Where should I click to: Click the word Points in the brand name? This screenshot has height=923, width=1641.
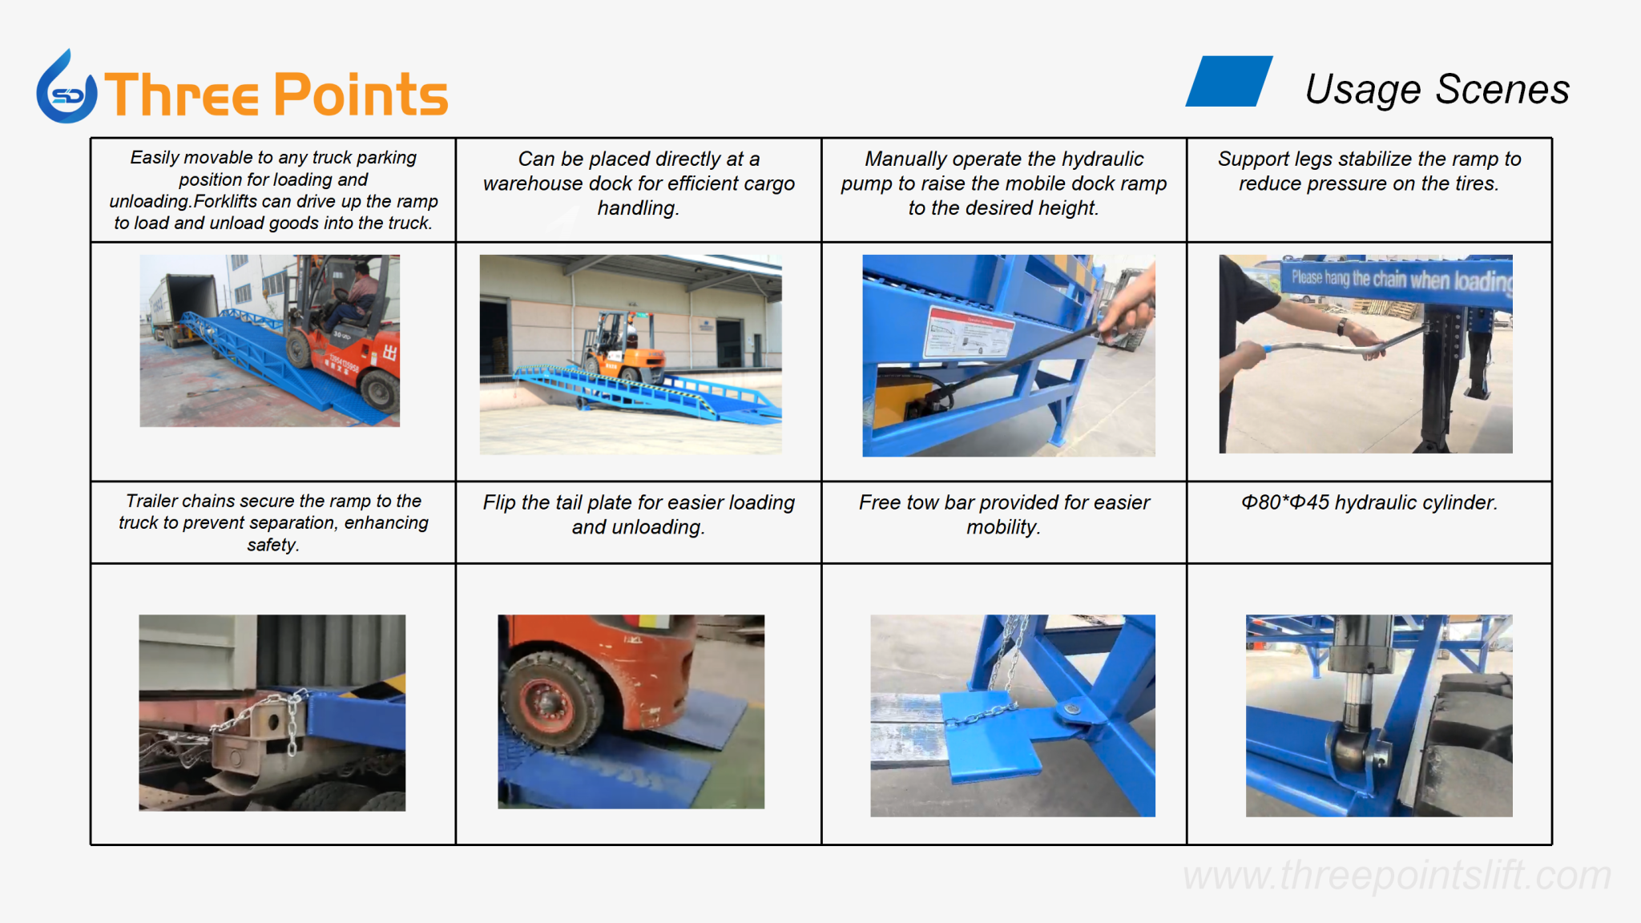point(361,95)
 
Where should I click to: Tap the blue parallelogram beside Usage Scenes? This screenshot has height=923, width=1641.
point(1229,81)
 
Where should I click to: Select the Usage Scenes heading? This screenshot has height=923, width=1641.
point(1437,89)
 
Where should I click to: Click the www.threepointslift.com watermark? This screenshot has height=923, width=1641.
point(1397,875)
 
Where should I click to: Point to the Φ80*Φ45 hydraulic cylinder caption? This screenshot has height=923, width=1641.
point(1369,502)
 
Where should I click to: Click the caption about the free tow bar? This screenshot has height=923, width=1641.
point(1004,514)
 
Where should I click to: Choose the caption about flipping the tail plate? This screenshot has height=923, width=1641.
point(639,514)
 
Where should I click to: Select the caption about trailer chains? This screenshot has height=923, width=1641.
point(273,522)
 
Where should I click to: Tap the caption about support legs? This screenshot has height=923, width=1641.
point(1369,171)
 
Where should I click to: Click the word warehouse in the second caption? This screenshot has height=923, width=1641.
point(533,183)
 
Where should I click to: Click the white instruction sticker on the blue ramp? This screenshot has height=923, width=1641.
point(968,330)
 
